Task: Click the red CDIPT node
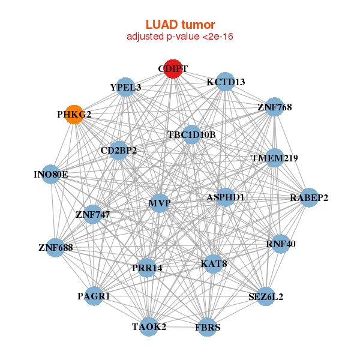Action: (x=173, y=69)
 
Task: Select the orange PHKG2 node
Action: (x=74, y=114)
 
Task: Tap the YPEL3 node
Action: (x=125, y=87)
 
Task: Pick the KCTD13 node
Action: (x=226, y=82)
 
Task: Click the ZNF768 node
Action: (x=274, y=107)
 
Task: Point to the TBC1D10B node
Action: (x=191, y=134)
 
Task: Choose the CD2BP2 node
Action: (x=119, y=150)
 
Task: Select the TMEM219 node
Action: (x=274, y=158)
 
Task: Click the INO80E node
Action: (x=51, y=175)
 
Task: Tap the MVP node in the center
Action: (x=160, y=203)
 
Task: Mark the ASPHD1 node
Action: (x=224, y=197)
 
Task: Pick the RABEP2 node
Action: (x=309, y=197)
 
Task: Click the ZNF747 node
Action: (x=92, y=214)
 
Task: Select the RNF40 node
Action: (x=281, y=244)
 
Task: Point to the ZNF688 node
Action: (x=55, y=247)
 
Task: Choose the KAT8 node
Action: (x=214, y=263)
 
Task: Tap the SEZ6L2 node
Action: (x=265, y=296)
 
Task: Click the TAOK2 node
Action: (x=149, y=326)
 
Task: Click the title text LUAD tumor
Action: (x=180, y=25)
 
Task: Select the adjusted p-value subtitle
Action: (x=180, y=37)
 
